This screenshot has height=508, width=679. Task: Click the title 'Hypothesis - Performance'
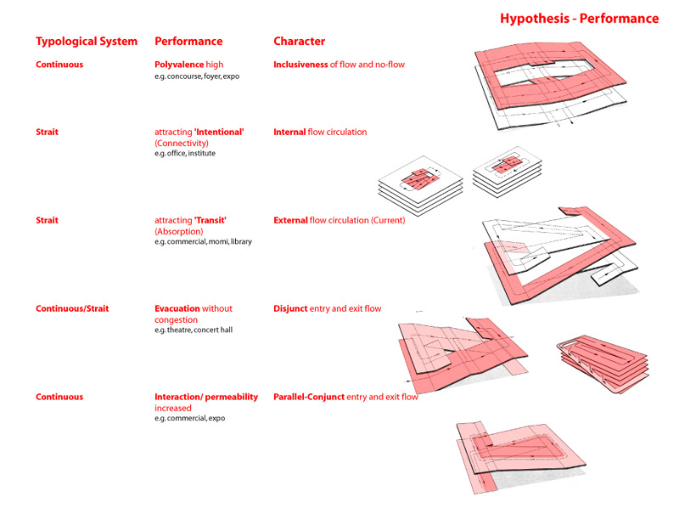tap(580, 19)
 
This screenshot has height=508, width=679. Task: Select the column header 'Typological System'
tap(87, 42)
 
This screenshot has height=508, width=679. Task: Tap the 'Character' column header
tap(300, 41)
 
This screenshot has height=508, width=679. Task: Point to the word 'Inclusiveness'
tap(300, 65)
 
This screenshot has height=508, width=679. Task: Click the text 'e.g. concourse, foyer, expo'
tap(197, 76)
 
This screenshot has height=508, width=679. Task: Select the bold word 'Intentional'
tap(219, 132)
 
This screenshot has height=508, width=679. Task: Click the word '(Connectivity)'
tap(182, 144)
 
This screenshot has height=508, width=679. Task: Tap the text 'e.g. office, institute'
tap(185, 154)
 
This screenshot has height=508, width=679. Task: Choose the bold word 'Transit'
tap(210, 220)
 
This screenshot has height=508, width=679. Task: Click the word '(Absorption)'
tap(179, 232)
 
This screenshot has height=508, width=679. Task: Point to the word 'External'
tap(290, 220)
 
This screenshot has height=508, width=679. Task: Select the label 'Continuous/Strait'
tap(72, 308)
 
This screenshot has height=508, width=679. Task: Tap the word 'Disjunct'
tap(290, 308)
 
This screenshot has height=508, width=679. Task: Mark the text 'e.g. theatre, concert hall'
tap(194, 330)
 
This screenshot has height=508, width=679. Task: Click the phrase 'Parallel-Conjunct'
tap(309, 397)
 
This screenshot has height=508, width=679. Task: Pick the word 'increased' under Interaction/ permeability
tap(173, 409)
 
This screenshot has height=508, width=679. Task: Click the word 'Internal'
tap(289, 132)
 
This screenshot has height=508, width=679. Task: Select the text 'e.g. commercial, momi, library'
tap(203, 242)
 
